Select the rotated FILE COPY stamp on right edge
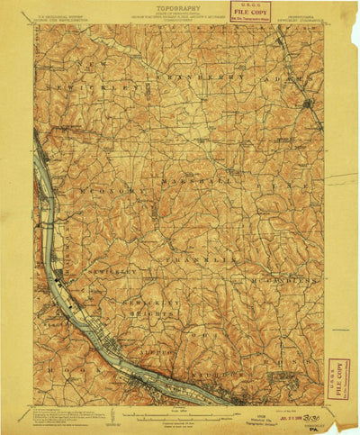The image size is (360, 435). pyautogui.click(x=337, y=378)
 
